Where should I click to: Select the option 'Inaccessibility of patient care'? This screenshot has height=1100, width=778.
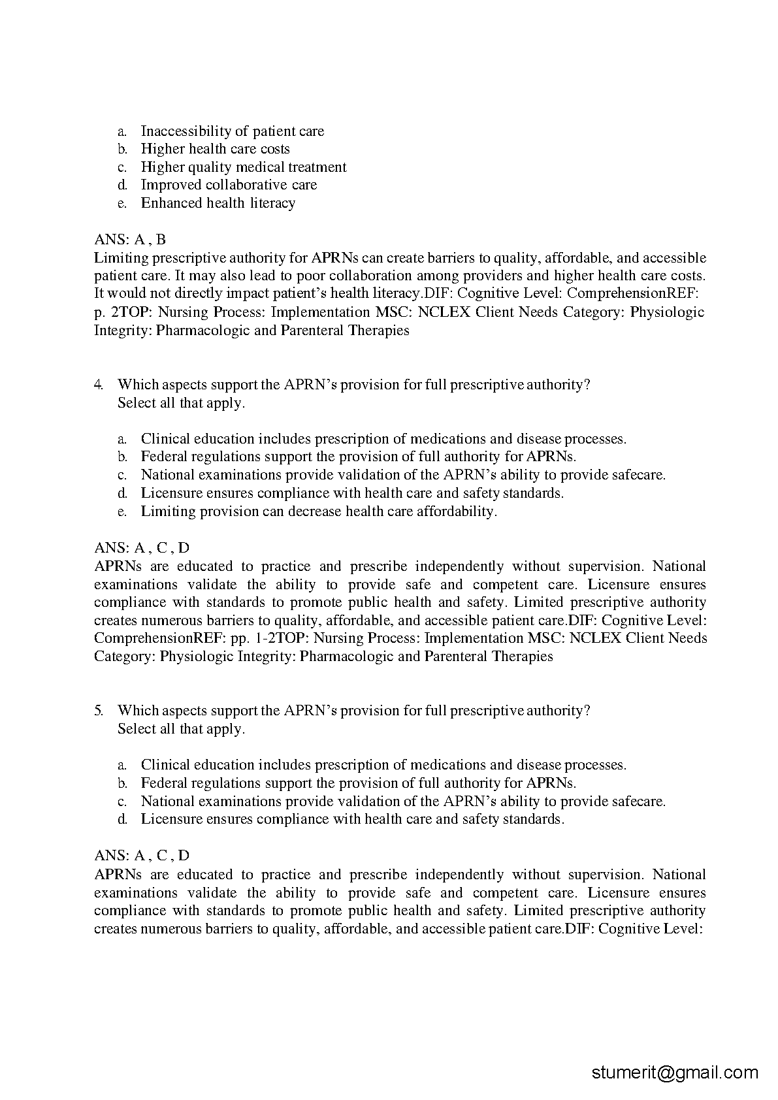pyautogui.click(x=232, y=131)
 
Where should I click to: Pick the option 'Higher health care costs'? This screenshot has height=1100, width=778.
pyautogui.click(x=215, y=149)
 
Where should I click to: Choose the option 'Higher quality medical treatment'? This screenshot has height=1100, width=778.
pyautogui.click(x=244, y=167)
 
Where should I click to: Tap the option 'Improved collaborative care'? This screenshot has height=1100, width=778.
pyautogui.click(x=229, y=185)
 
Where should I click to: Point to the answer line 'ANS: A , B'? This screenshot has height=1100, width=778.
pyautogui.click(x=130, y=240)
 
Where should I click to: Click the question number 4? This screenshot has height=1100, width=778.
pyautogui.click(x=99, y=385)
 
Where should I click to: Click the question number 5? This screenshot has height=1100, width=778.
pyautogui.click(x=99, y=711)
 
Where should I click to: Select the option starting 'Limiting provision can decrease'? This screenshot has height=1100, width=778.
pyautogui.click(x=319, y=511)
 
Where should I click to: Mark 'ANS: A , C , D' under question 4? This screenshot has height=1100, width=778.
pyautogui.click(x=142, y=548)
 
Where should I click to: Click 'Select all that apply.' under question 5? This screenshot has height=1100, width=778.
pyautogui.click(x=181, y=729)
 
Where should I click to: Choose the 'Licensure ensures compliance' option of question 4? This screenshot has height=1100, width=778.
pyautogui.click(x=352, y=493)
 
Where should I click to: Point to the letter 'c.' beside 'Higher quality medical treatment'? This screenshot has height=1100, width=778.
pyautogui.click(x=122, y=168)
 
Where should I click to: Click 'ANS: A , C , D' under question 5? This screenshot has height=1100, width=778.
pyautogui.click(x=142, y=856)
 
